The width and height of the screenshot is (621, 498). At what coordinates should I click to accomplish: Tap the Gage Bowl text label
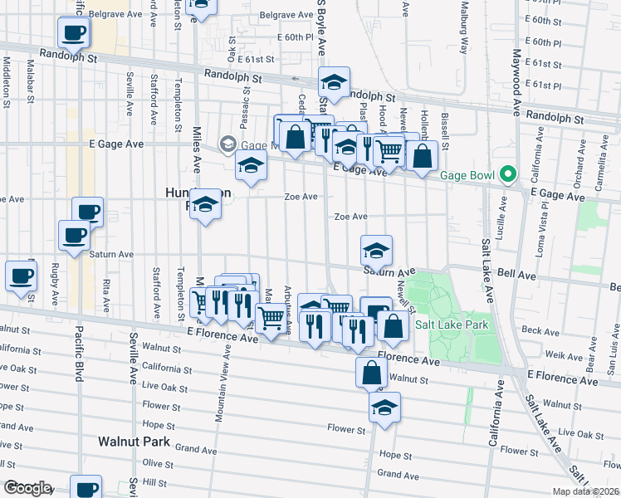[x=467, y=175]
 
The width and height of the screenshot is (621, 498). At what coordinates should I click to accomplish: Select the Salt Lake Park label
[x=452, y=325]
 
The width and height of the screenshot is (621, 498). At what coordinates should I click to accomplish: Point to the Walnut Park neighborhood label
[x=134, y=442]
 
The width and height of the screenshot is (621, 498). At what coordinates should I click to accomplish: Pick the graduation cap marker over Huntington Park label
[x=204, y=206]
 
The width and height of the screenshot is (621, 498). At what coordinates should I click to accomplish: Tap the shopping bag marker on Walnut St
[x=371, y=373]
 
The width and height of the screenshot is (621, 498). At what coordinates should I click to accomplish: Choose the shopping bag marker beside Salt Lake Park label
[x=394, y=328]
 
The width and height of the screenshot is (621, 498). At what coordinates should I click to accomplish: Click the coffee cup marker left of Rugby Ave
[x=20, y=276]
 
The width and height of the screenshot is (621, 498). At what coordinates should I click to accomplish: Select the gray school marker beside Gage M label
[x=227, y=144]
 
